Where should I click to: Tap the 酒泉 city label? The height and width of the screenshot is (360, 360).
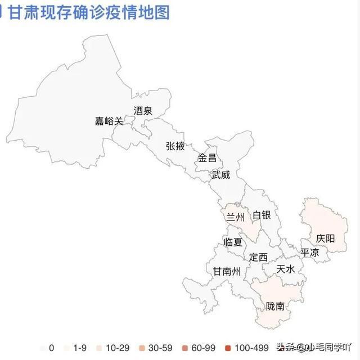point(143,111)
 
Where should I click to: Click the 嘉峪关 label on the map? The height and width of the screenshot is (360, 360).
point(109,121)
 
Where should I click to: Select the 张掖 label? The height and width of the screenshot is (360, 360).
point(175,146)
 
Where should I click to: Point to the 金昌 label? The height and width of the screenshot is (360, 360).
point(206,158)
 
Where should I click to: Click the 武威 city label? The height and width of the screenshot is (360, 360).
point(220,175)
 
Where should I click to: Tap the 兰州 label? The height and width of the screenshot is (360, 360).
point(235,217)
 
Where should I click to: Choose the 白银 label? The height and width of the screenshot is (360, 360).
point(262,215)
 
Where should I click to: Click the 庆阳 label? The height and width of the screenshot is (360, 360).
point(325,238)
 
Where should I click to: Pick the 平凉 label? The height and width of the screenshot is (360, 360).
point(309,253)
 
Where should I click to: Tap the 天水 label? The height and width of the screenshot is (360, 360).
point(286,269)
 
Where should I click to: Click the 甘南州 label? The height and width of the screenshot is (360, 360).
point(226,271)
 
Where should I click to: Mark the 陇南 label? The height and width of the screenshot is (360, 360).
point(275,307)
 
